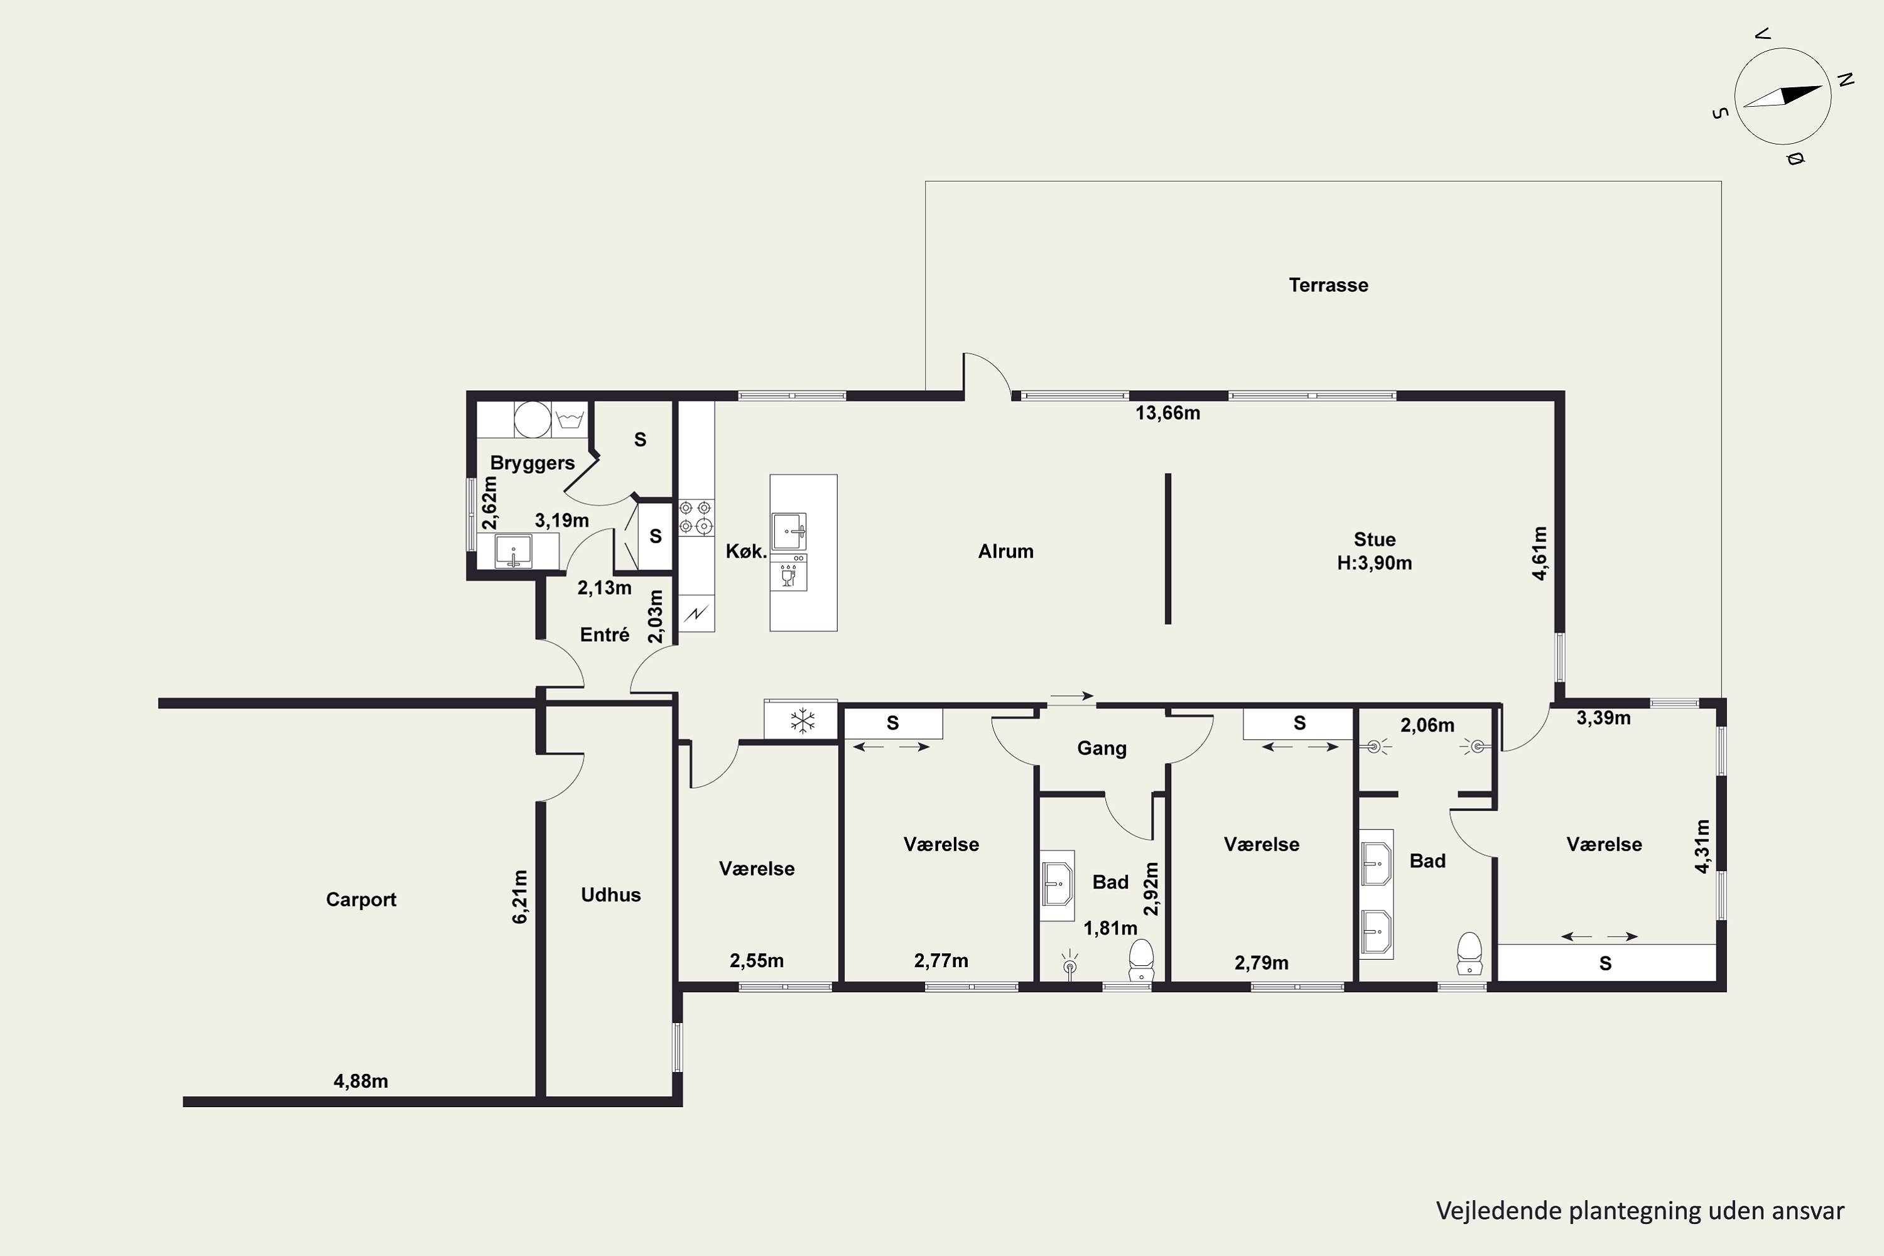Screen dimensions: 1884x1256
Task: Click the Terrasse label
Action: [1328, 285]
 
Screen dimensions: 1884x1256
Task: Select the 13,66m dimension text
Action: [1168, 413]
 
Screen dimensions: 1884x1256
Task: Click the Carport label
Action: [360, 899]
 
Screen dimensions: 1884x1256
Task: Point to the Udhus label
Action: [610, 895]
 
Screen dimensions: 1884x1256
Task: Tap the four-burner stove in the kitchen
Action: [695, 517]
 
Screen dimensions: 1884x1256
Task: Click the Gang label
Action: [1102, 748]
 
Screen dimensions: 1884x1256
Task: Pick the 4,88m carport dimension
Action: [360, 1081]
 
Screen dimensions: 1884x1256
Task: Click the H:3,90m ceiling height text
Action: [1374, 563]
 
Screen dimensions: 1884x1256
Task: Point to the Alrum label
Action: [1005, 551]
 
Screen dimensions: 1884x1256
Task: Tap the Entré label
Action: [604, 634]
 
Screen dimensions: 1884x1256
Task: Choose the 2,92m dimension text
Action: [1151, 889]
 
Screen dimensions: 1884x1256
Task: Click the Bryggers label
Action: [532, 463]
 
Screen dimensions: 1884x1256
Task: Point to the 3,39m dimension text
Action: [1604, 718]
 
